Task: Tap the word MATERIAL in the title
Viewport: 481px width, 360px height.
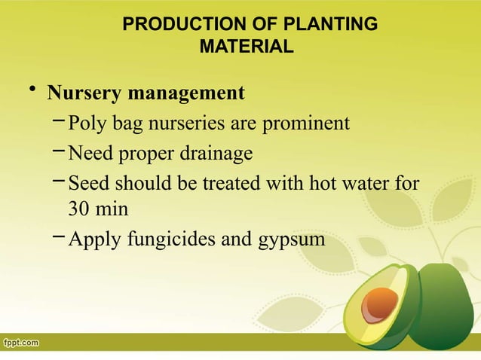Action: pyautogui.click(x=245, y=47)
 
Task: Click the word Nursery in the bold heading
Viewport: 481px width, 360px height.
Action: pyautogui.click(x=84, y=93)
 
